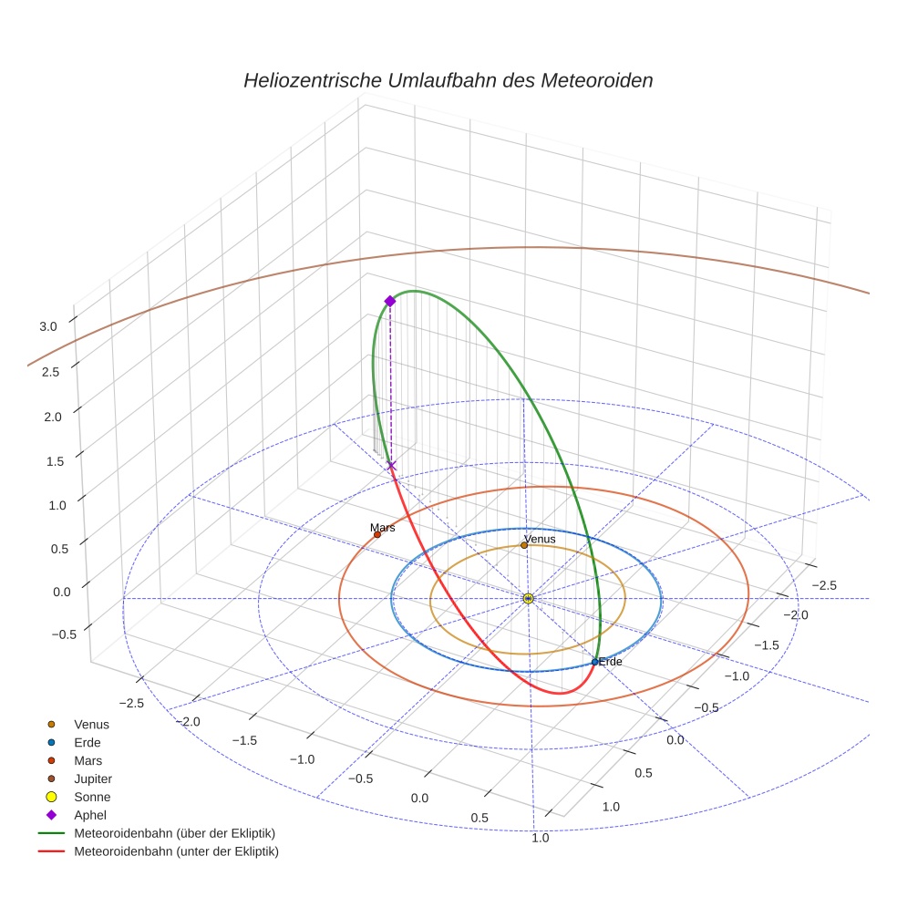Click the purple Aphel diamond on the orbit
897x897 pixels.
pos(390,301)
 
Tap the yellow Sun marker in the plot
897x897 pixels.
pos(528,598)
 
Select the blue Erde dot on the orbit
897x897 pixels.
pos(594,662)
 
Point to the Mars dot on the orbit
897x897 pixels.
pos(376,534)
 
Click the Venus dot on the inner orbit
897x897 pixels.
pos(524,545)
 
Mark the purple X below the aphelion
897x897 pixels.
pos(391,466)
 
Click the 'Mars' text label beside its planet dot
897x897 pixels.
pos(383,527)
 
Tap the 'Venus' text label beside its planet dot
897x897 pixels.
pos(540,539)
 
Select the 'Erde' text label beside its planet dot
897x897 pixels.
pos(610,661)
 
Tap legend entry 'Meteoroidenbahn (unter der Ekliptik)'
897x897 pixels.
pos(176,851)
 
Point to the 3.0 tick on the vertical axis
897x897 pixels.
pos(47,325)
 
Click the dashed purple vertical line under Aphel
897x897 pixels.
pos(390,383)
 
